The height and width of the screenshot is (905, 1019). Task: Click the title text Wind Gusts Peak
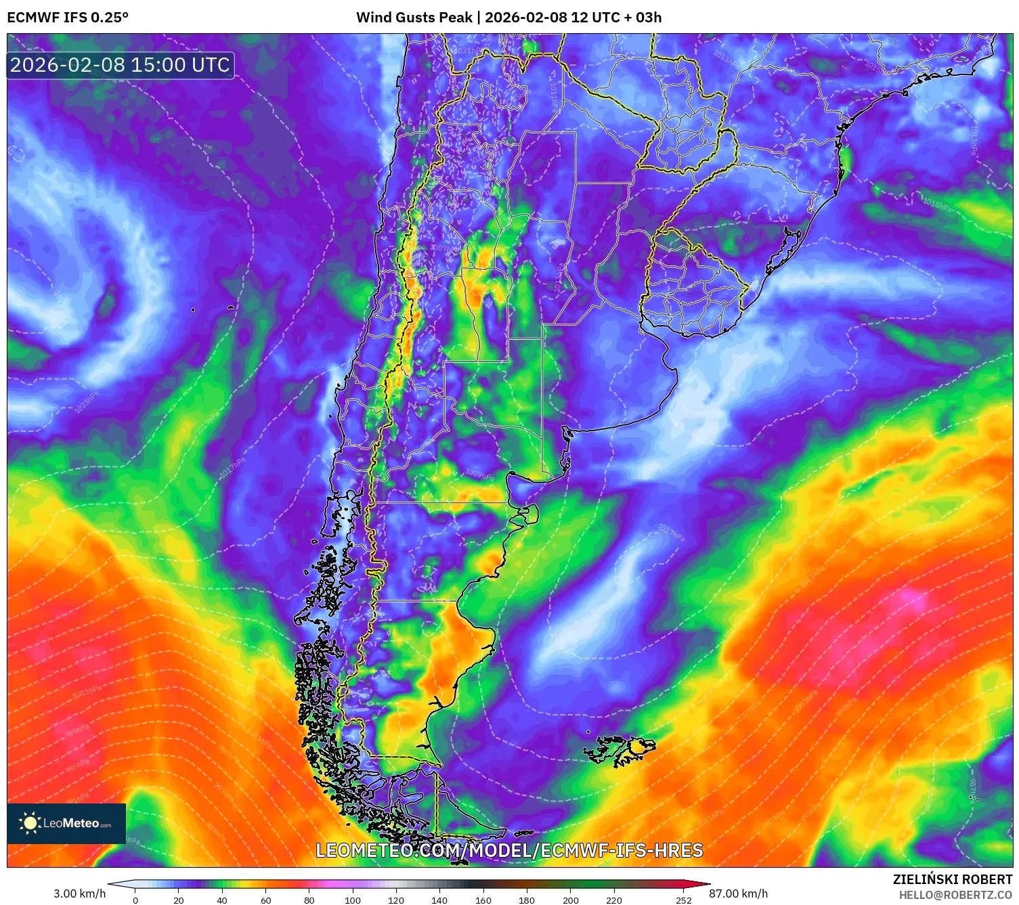click(414, 18)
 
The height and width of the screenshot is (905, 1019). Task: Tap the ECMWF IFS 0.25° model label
click(68, 18)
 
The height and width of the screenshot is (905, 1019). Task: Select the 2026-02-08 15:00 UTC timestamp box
click(120, 65)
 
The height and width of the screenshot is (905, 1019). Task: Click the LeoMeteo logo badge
click(66, 823)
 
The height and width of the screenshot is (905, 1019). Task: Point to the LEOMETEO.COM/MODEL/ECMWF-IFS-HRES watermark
click(509, 850)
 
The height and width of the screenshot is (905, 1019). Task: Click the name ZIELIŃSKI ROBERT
click(952, 880)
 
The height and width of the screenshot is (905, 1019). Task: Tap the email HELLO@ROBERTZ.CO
click(955, 895)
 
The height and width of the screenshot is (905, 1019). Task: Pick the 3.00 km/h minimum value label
click(79, 893)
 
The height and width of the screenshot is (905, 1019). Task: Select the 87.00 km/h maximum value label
click(738, 893)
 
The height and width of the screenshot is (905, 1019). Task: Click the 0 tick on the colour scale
click(135, 900)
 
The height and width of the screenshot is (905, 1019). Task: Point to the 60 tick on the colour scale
click(265, 900)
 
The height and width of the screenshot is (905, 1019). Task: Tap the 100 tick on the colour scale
click(352, 900)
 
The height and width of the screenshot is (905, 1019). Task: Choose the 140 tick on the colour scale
click(439, 900)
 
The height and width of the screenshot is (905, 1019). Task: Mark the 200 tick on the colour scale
click(570, 900)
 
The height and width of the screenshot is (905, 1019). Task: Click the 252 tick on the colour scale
click(683, 900)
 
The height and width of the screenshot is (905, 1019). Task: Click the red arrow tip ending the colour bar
click(704, 884)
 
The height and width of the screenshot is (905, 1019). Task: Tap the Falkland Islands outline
click(620, 750)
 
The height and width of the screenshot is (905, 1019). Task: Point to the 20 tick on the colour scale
click(179, 900)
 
